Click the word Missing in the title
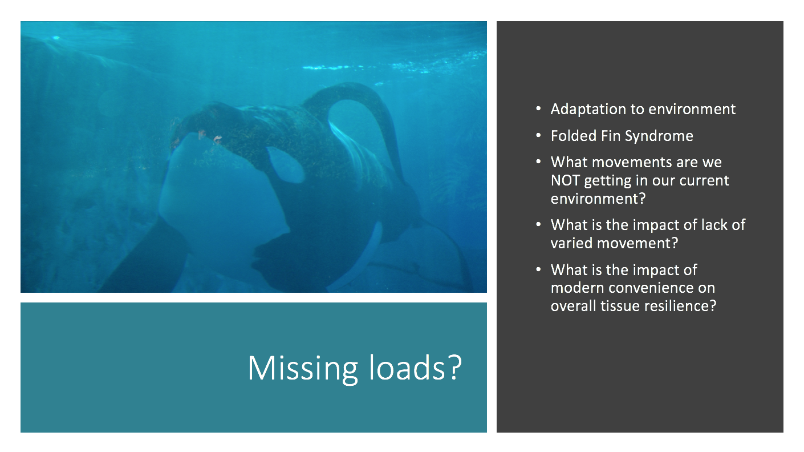(x=303, y=368)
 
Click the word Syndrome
(x=659, y=136)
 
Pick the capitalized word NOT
(x=565, y=180)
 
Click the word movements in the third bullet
(x=632, y=163)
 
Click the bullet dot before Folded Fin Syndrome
(x=538, y=135)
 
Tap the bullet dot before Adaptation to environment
(x=538, y=108)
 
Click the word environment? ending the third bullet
(x=598, y=199)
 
